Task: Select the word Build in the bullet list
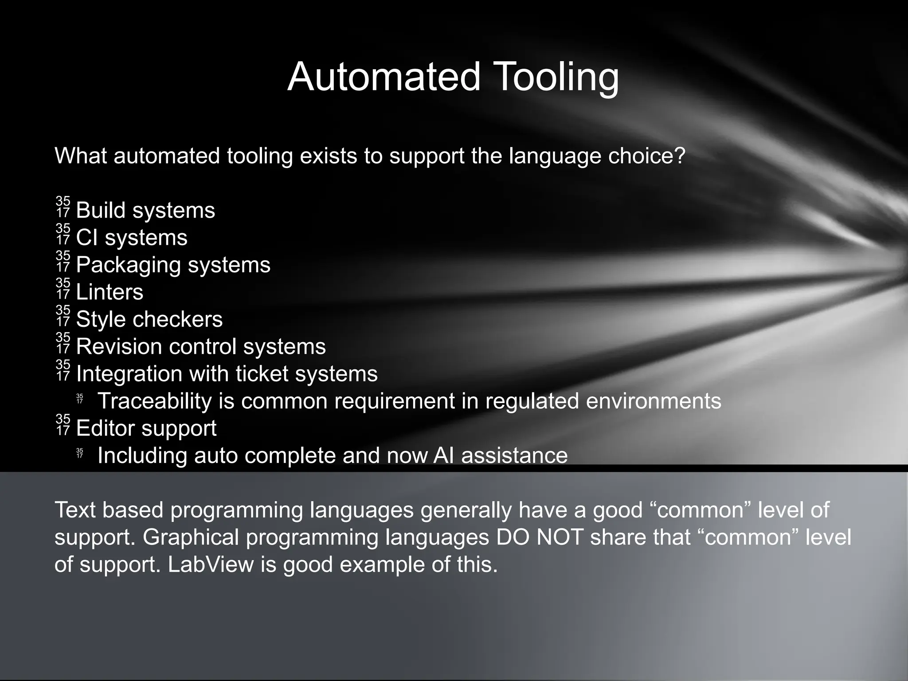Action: [101, 210]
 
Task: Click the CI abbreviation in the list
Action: [87, 238]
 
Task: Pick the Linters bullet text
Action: [110, 292]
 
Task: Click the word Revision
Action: [119, 347]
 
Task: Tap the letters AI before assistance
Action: [443, 455]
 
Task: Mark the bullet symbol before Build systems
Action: [63, 207]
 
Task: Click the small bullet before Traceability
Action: [80, 399]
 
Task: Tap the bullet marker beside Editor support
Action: [63, 425]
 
